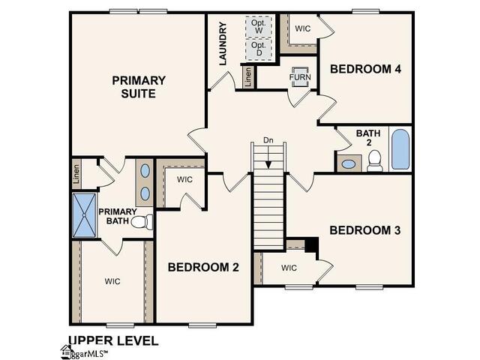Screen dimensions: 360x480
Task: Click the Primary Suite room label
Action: [x=133, y=86]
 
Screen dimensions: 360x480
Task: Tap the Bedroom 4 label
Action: [x=365, y=69]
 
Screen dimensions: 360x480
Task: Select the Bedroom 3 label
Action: [x=364, y=230]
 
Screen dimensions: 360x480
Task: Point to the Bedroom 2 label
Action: [x=203, y=266]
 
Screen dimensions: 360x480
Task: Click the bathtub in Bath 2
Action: [x=400, y=149]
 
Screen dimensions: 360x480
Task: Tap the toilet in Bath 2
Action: [x=375, y=160]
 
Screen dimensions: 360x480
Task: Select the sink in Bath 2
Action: [x=349, y=163]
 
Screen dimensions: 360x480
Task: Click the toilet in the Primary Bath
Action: [x=142, y=221]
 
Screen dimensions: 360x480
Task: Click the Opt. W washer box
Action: [x=259, y=26]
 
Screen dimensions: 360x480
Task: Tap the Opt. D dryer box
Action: [x=259, y=49]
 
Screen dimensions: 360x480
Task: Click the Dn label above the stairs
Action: [x=268, y=140]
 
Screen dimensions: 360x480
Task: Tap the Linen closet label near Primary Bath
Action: [x=77, y=174]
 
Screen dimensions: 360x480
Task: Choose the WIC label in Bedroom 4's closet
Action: [x=303, y=28]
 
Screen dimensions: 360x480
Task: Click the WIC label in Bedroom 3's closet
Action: [x=289, y=268]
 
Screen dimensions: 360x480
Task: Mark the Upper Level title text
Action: [x=113, y=340]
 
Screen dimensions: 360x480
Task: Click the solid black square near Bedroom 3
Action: [x=312, y=245]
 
